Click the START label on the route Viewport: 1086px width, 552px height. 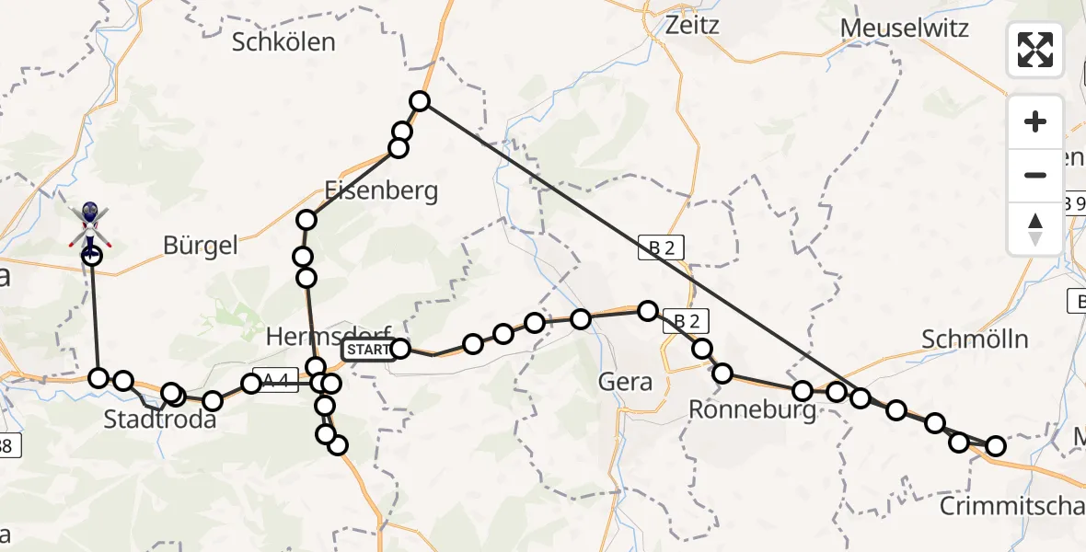click(x=367, y=350)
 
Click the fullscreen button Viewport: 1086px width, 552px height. click(x=1035, y=50)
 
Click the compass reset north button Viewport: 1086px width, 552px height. click(x=1035, y=228)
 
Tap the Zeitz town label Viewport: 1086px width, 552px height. click(x=682, y=25)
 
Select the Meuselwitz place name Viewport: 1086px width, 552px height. click(x=905, y=28)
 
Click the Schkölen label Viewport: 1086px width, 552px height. click(x=283, y=41)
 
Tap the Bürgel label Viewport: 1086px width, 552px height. click(x=200, y=245)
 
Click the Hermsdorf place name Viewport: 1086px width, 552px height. click(x=329, y=336)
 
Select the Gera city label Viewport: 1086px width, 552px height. click(x=625, y=381)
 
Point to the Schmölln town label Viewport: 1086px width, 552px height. click(x=975, y=339)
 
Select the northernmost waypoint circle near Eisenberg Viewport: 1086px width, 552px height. click(x=420, y=101)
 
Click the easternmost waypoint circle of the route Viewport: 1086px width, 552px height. click(x=996, y=447)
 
